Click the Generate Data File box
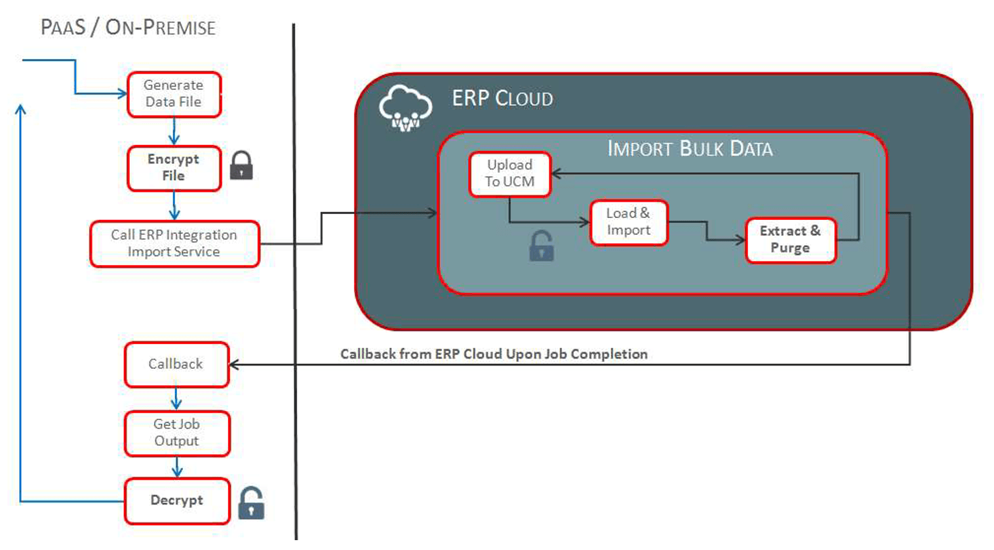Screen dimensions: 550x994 tap(174, 95)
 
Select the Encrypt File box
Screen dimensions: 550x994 tap(174, 168)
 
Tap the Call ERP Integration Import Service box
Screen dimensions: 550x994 tap(174, 243)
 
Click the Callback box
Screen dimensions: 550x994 tap(176, 364)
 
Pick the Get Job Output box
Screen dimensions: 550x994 tap(177, 433)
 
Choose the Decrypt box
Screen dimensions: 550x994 tap(177, 501)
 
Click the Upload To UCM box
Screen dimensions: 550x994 tap(509, 174)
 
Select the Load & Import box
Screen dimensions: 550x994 tap(628, 222)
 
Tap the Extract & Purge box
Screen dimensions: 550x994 tap(790, 240)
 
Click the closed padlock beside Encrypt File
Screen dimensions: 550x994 tap(241, 165)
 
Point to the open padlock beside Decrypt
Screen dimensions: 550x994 tap(251, 503)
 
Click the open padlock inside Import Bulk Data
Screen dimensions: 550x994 tap(542, 246)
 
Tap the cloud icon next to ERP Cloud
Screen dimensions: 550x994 tap(406, 108)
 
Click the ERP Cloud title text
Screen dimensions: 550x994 tap(502, 98)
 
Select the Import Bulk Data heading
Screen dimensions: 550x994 tap(690, 148)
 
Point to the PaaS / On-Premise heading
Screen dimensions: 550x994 tap(128, 28)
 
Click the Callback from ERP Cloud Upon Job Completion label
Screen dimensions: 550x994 tap(494, 354)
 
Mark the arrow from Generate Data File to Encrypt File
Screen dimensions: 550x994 tap(174, 131)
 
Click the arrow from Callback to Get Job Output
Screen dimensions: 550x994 tap(176, 399)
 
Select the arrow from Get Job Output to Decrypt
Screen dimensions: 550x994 tap(177, 467)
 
